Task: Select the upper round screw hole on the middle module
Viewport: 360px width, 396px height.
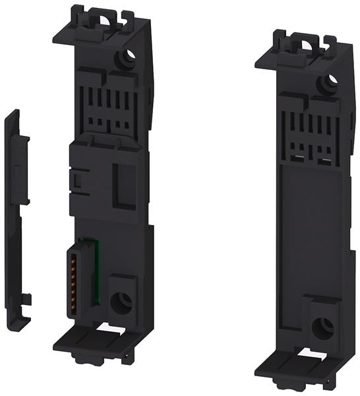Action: [x=122, y=59]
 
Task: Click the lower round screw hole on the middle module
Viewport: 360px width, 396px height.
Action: [x=121, y=302]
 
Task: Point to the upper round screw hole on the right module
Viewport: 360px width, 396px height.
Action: [x=328, y=82]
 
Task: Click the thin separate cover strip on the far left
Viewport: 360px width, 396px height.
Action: [x=16, y=218]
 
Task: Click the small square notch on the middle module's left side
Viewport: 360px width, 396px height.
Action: [x=76, y=178]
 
